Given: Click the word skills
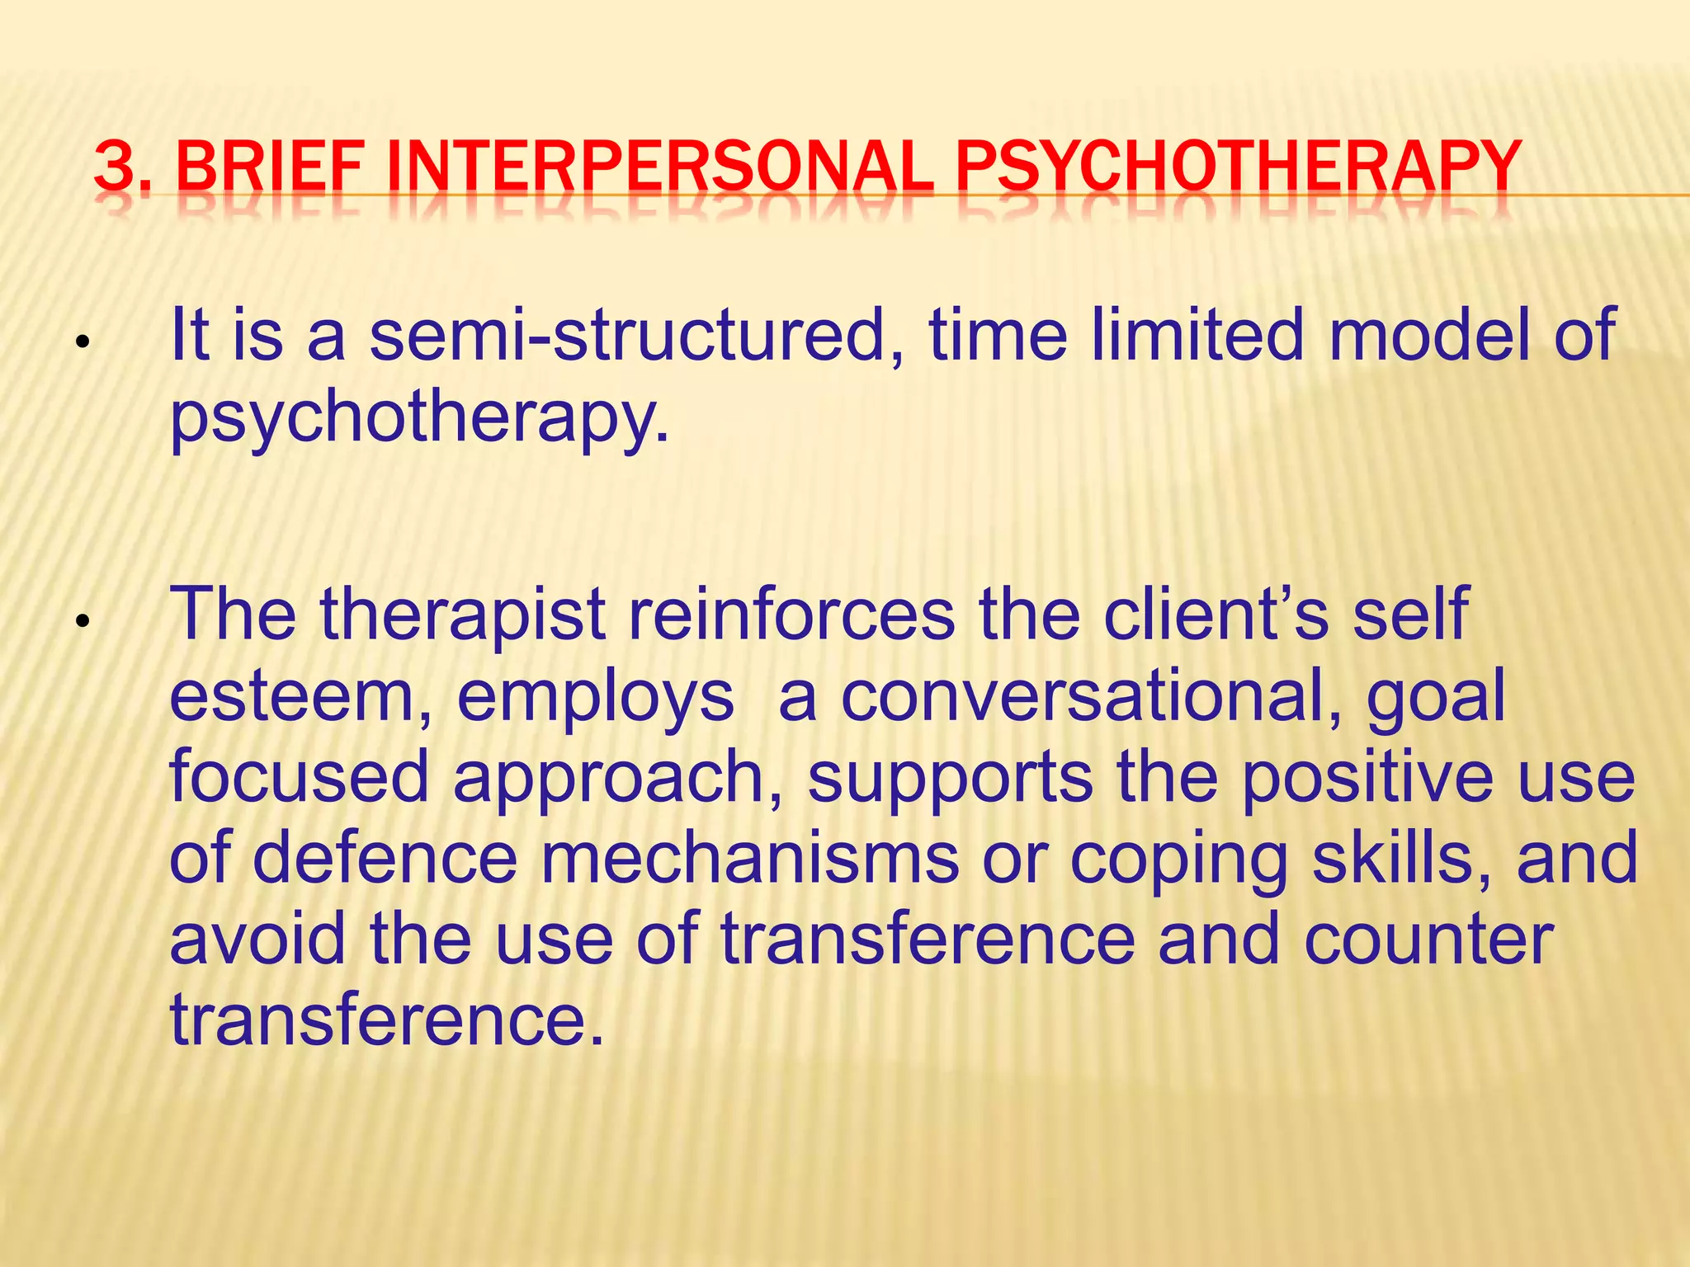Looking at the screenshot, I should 1402,859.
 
